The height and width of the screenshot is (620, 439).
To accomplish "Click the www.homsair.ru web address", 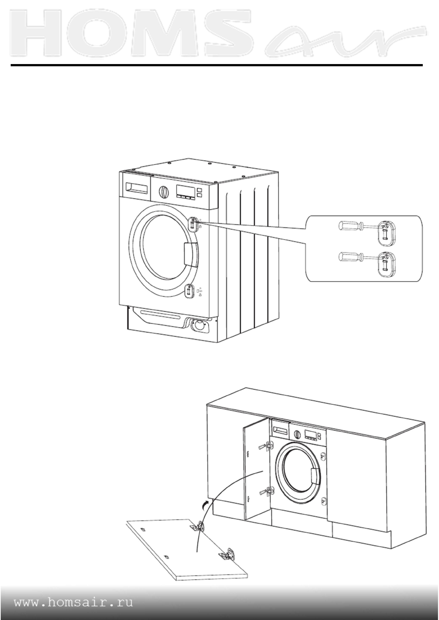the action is pyautogui.click(x=74, y=603).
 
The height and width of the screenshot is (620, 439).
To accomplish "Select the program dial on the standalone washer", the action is pyautogui.click(x=163, y=192).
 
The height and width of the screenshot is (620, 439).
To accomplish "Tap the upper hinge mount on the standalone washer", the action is pyautogui.click(x=192, y=223).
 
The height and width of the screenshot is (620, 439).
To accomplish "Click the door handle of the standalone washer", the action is pyautogui.click(x=191, y=255).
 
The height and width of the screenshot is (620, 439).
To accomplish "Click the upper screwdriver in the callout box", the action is pyautogui.click(x=351, y=226).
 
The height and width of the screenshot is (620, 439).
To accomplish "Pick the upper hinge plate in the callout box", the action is pyautogui.click(x=385, y=233).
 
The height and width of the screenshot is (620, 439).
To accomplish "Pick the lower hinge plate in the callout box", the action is pyautogui.click(x=385, y=264).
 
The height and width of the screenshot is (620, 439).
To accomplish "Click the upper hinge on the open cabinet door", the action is pyautogui.click(x=268, y=446).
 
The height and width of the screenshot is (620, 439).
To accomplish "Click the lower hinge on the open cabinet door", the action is pyautogui.click(x=268, y=490).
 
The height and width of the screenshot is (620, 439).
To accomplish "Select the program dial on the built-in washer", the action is pyautogui.click(x=296, y=435).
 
